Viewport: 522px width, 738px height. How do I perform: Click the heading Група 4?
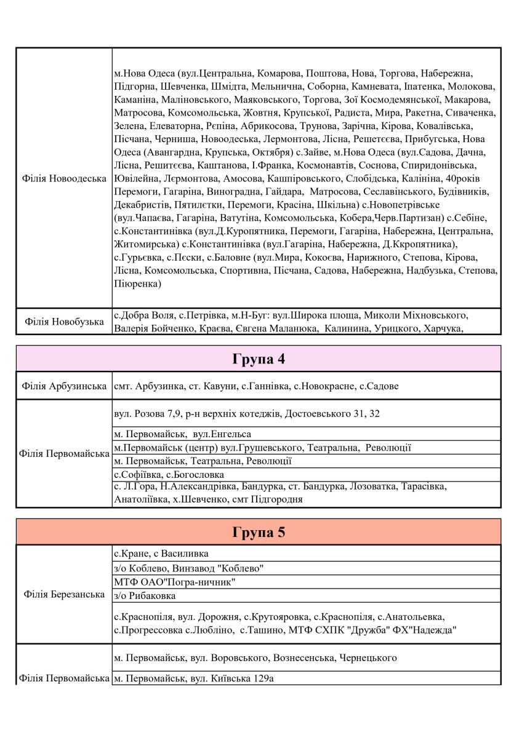pos(259,359)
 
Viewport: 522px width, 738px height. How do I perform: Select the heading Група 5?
pos(259,533)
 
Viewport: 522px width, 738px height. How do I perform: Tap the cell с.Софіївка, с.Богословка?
pos(169,475)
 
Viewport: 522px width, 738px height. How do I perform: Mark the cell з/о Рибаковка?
pos(145,596)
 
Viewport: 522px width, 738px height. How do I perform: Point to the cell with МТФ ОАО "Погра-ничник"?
pos(175,582)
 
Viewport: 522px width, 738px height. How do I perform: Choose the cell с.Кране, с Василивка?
pos(161,553)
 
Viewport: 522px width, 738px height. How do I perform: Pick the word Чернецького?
pos(367,658)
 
